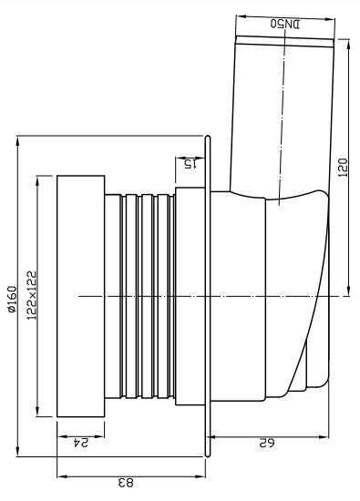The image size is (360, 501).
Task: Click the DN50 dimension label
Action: pos(285,24)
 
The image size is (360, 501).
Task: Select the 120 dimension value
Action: pos(343,168)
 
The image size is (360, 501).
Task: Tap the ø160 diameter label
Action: pos(12,299)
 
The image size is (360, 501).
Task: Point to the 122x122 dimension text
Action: pos(32,295)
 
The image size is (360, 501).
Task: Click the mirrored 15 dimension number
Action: pos(190,164)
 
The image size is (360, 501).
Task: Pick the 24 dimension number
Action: pos(80,443)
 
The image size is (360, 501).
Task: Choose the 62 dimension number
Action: pos(266,444)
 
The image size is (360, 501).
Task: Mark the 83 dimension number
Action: pos(126,483)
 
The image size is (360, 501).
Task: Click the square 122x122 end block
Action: pos(81,296)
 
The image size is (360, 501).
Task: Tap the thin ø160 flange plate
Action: pos(208,296)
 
